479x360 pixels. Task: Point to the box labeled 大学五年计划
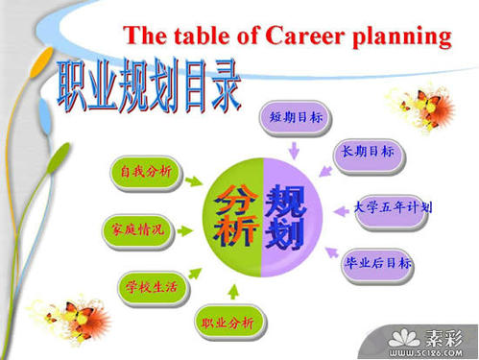(x=392, y=206)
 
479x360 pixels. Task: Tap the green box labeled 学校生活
(x=150, y=285)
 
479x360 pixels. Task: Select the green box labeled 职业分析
(x=228, y=323)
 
